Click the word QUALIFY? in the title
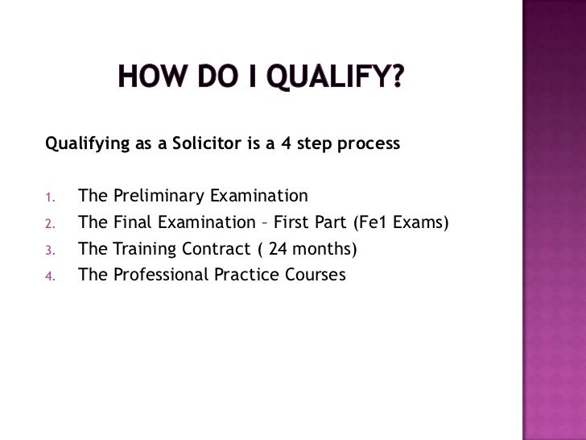tap(340, 79)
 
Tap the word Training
tap(142, 249)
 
